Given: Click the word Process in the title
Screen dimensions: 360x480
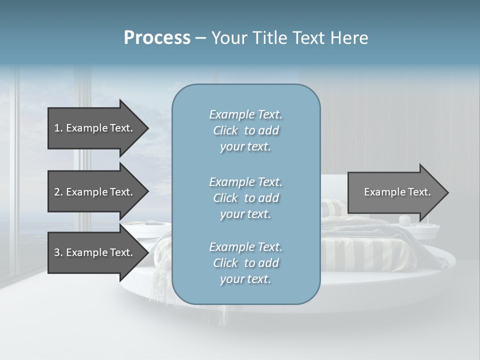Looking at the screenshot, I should click(157, 38).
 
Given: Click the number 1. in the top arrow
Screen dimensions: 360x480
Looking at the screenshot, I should click(58, 128).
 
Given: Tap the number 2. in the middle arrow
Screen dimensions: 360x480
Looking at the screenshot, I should click(58, 192).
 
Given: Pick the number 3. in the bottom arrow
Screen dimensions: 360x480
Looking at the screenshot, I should click(58, 252).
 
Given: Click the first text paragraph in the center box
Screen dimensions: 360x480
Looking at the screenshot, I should click(245, 130).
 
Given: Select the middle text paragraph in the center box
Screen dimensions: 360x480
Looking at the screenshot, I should click(245, 198).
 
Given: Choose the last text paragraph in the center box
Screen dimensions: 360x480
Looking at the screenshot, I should click(245, 263).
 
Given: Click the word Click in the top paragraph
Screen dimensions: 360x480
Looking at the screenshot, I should click(225, 130).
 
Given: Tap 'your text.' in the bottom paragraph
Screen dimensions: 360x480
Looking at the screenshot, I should click(245, 279).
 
